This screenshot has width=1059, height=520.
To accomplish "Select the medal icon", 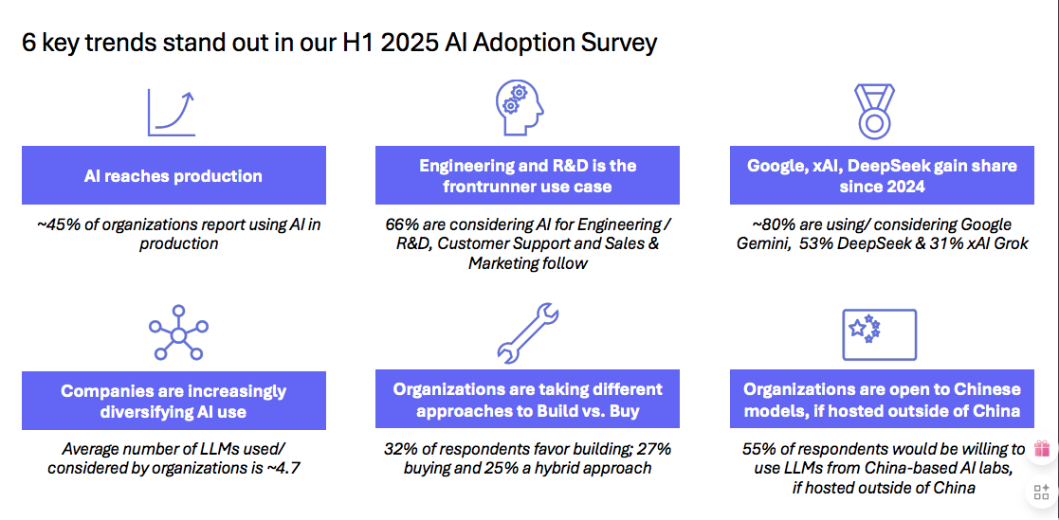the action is click(x=875, y=109).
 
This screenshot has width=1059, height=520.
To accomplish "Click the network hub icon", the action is click(x=178, y=334).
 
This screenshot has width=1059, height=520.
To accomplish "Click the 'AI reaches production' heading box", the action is click(x=173, y=175).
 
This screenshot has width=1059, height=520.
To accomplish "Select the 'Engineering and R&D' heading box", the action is click(x=527, y=175).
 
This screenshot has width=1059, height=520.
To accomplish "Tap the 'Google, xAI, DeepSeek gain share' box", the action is click(x=882, y=175).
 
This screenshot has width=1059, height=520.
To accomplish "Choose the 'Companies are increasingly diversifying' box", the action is click(x=173, y=400).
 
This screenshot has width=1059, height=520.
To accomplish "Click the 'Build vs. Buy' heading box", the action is click(x=527, y=399).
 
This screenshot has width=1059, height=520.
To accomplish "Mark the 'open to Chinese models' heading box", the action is click(x=882, y=399).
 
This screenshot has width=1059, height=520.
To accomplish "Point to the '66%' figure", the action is click(x=400, y=224).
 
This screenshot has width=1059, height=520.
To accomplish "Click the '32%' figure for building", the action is click(x=400, y=449).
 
